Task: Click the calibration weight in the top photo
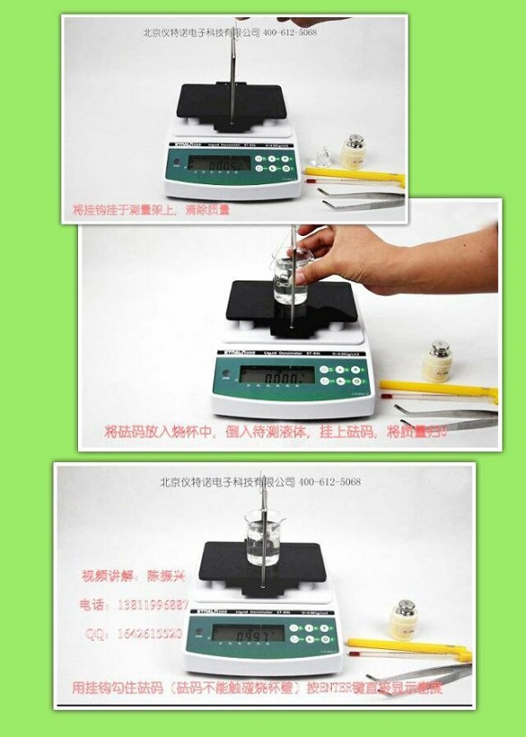click(x=356, y=152)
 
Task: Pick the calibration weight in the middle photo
click(x=439, y=360)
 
